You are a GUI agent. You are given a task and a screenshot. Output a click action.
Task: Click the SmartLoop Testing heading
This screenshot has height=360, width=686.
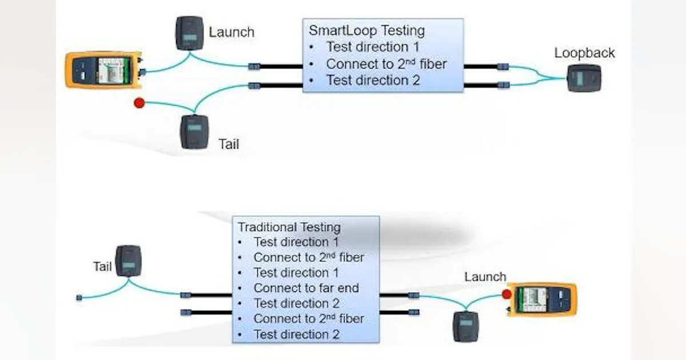click(x=366, y=30)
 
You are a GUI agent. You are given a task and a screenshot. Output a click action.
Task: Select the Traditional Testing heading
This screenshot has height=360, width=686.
click(x=289, y=227)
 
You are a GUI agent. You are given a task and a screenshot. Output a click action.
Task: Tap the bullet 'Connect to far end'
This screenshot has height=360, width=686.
click(x=306, y=288)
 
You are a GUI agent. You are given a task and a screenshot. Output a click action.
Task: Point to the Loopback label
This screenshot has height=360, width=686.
click(x=584, y=53)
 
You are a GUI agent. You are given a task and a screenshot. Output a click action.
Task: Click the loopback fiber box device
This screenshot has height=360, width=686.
click(x=584, y=78)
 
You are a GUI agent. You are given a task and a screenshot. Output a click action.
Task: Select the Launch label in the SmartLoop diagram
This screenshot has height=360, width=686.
click(x=232, y=32)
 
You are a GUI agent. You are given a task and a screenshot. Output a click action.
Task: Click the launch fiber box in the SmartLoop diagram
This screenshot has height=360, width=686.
click(x=189, y=33)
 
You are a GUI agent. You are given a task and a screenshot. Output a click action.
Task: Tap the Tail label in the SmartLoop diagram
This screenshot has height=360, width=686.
click(x=229, y=144)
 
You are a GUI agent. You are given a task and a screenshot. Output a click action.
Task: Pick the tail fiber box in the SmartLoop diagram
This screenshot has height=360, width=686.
click(x=195, y=132)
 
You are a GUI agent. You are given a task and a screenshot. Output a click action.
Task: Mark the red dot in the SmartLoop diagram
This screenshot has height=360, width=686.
click(x=139, y=103)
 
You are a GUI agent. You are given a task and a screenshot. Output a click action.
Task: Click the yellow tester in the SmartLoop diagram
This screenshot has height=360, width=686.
click(x=103, y=70)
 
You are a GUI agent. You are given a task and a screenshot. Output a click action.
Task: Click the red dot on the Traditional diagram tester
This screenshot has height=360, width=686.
click(x=506, y=294)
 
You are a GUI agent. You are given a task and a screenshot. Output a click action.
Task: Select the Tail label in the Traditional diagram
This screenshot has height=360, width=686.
click(x=102, y=266)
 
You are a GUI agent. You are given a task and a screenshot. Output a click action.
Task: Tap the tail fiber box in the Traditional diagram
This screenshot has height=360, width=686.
click(x=128, y=261)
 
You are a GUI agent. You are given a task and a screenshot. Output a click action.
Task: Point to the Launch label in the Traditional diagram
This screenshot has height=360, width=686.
click(x=485, y=277)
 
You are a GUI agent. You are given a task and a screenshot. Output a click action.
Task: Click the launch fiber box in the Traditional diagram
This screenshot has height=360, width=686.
click(x=465, y=326)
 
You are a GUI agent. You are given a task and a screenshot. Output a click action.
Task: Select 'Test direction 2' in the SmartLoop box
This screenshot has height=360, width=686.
click(x=373, y=81)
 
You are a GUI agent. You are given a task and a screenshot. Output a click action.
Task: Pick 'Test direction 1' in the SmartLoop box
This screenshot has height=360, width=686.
click(x=372, y=47)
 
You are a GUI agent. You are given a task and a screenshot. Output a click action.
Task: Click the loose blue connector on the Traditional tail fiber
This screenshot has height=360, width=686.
click(x=79, y=298)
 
